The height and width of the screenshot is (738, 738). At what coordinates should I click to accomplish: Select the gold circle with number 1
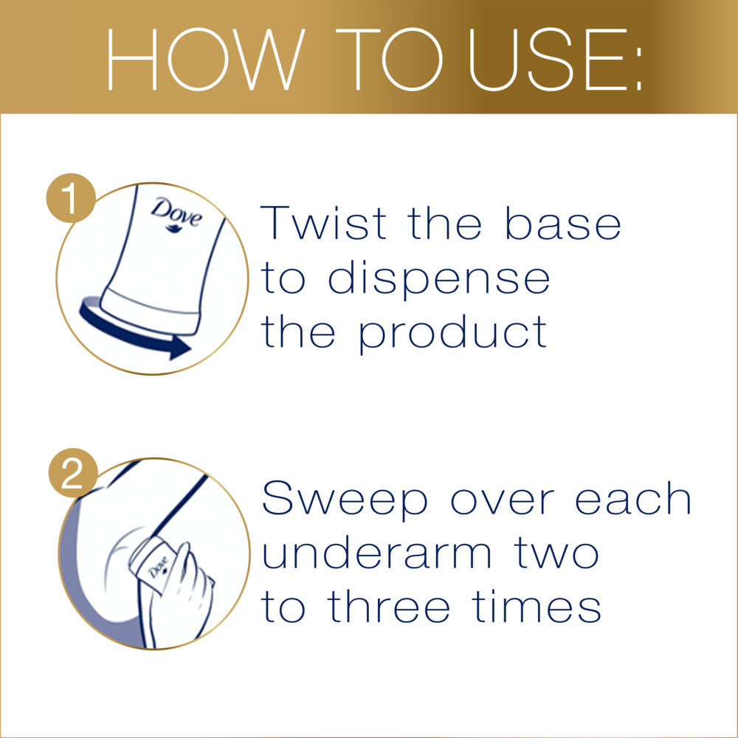(x=72, y=199)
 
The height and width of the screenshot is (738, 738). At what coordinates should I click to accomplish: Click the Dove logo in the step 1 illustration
(x=176, y=214)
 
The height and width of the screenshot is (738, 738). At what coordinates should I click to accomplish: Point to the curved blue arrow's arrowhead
(x=179, y=347)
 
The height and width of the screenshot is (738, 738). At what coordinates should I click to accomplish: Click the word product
(x=453, y=334)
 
